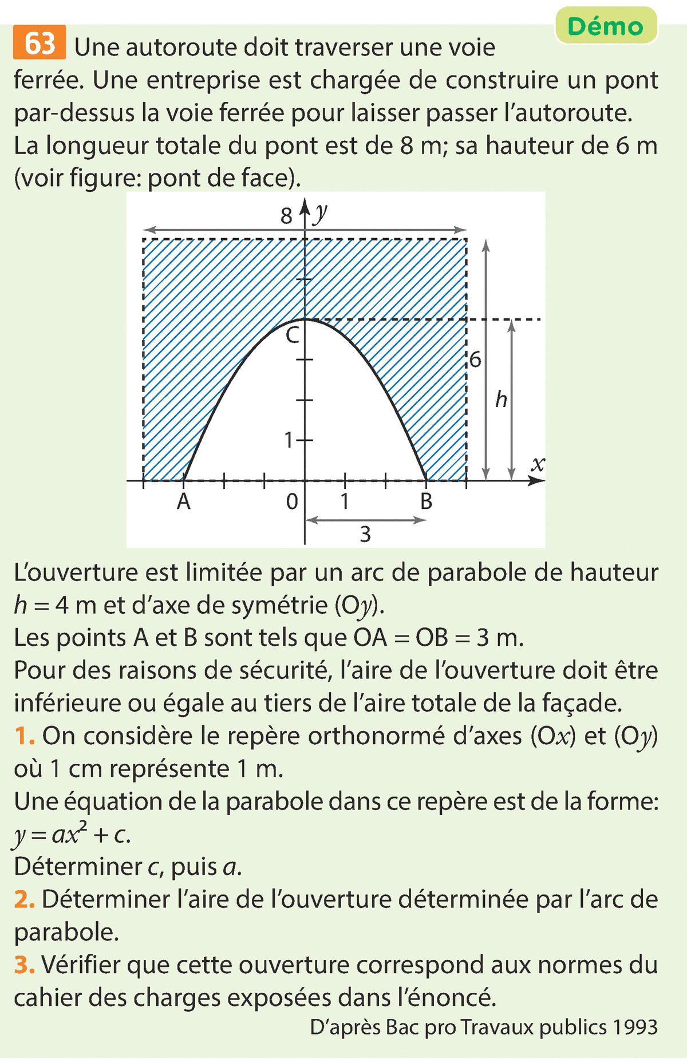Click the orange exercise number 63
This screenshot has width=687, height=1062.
(x=40, y=43)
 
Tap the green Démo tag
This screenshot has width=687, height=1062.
(x=606, y=26)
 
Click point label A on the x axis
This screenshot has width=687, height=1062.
(x=183, y=502)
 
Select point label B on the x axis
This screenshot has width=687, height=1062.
(x=426, y=502)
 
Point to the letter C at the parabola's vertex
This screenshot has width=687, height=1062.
(x=292, y=335)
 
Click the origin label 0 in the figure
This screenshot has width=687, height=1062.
(x=292, y=502)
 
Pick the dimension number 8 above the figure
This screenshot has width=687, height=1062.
(x=286, y=216)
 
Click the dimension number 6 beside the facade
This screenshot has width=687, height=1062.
(x=475, y=361)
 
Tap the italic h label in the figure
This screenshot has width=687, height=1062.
(x=501, y=399)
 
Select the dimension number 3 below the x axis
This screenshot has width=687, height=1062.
(x=365, y=535)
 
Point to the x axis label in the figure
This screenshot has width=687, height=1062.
(x=537, y=464)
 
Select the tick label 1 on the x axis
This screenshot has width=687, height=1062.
(x=345, y=502)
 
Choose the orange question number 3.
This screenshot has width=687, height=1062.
(x=24, y=965)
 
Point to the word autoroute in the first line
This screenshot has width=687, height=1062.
(x=181, y=48)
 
